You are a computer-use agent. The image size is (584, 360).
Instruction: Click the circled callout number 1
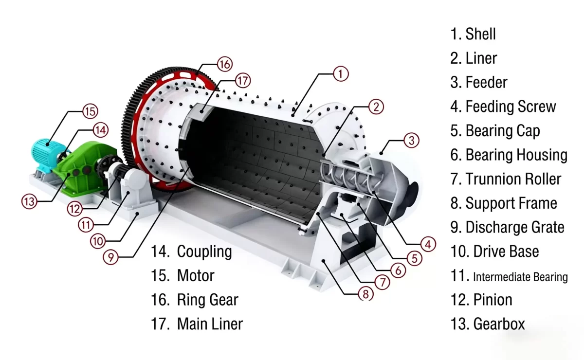point(341,74)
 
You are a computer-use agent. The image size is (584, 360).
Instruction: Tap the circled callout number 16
point(224,64)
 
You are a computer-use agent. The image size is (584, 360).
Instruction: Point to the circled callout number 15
point(90,111)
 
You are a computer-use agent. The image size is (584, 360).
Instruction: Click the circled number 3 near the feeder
point(412,141)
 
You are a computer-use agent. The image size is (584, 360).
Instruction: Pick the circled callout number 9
point(111,257)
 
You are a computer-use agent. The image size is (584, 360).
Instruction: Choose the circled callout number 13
point(30,201)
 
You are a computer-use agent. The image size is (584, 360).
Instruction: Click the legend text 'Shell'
point(480,34)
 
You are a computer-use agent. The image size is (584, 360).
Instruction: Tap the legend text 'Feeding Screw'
point(511,107)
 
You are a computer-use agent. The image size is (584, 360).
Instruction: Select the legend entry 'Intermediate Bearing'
point(520,277)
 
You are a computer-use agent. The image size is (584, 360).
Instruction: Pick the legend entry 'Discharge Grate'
point(515,227)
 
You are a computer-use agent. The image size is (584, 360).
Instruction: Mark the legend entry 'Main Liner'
point(210,324)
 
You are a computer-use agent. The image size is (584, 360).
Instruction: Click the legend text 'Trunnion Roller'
point(513,179)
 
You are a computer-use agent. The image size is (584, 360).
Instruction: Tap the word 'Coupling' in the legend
point(204,252)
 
